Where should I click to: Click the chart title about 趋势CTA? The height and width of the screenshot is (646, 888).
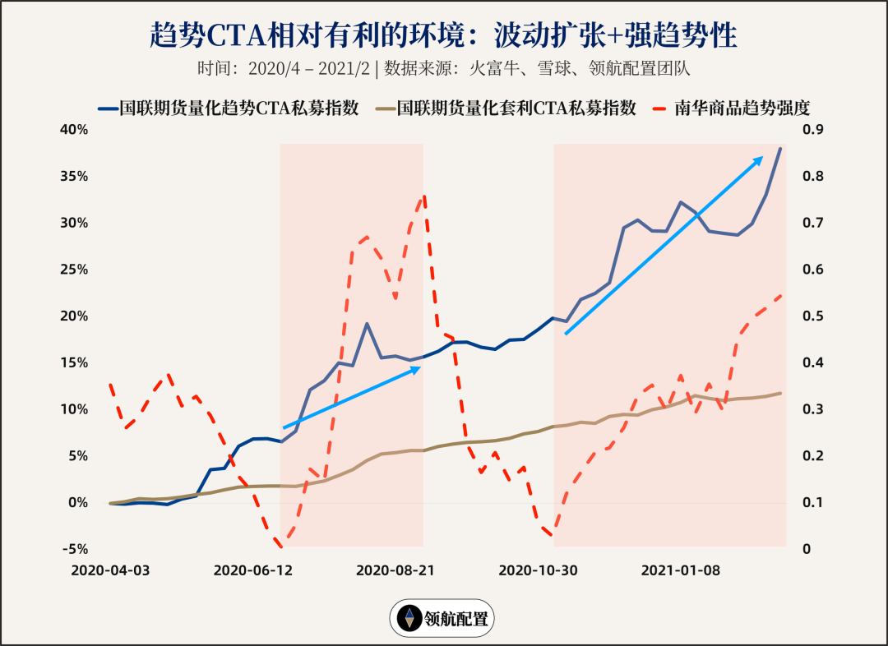(x=444, y=35)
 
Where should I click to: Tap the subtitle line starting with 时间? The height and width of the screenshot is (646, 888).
(x=444, y=68)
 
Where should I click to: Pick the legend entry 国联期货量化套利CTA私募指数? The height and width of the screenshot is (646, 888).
(x=506, y=108)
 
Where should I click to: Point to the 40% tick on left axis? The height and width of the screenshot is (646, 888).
(x=73, y=130)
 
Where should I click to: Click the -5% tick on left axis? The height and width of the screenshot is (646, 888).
(x=76, y=549)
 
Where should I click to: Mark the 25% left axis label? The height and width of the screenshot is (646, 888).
(x=73, y=270)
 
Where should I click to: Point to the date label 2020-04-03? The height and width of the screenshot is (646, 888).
(x=110, y=570)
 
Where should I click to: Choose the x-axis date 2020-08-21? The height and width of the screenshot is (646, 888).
(x=395, y=570)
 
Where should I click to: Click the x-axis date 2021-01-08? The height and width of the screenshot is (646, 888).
(x=680, y=570)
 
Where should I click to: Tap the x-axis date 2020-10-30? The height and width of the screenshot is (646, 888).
(x=538, y=570)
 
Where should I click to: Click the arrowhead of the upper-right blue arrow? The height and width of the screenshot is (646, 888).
(x=761, y=158)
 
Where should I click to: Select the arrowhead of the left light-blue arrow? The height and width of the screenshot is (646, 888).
(x=419, y=368)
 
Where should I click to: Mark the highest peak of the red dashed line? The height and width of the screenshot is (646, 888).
(x=424, y=196)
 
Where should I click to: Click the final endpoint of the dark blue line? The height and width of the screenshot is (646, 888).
(x=780, y=148)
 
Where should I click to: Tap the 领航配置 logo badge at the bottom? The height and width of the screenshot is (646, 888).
(x=442, y=618)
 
